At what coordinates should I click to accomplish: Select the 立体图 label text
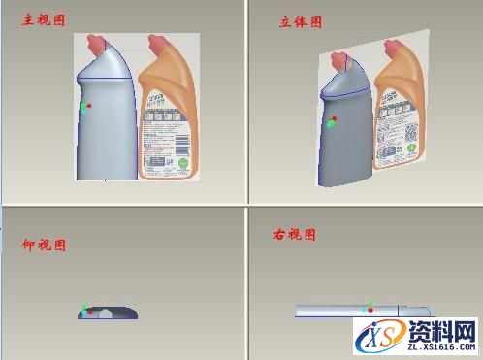click(x=301, y=21)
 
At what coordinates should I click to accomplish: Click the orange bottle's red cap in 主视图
click(x=158, y=43)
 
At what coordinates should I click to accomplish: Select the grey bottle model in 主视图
click(x=106, y=126)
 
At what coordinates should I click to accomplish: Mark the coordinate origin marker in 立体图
click(x=332, y=121)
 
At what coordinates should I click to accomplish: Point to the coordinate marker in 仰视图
click(x=85, y=311)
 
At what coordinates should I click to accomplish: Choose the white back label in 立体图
click(x=399, y=121)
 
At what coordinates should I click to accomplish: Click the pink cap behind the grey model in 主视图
click(x=97, y=42)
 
